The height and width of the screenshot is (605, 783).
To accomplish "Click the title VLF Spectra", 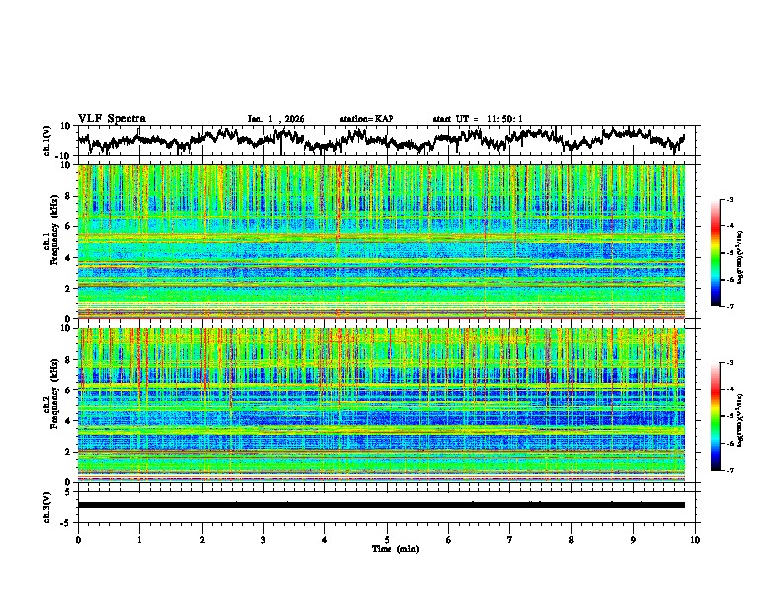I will click(112, 118).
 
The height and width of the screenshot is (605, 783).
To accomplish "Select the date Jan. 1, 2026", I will click(276, 119).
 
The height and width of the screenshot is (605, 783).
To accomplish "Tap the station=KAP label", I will click(366, 119).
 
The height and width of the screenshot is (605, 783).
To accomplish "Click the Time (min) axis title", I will click(387, 548).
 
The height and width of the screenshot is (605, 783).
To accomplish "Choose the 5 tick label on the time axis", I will click(387, 539).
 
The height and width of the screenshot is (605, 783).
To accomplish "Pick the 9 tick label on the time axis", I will click(634, 539).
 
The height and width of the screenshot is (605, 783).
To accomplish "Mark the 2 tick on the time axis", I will click(202, 539).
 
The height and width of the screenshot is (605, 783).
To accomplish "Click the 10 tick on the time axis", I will click(695, 539).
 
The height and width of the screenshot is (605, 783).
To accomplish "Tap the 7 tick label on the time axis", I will click(510, 539).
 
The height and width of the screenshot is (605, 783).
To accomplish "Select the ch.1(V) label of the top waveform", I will click(47, 140).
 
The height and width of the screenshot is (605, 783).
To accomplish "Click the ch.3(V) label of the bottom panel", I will click(47, 505).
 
